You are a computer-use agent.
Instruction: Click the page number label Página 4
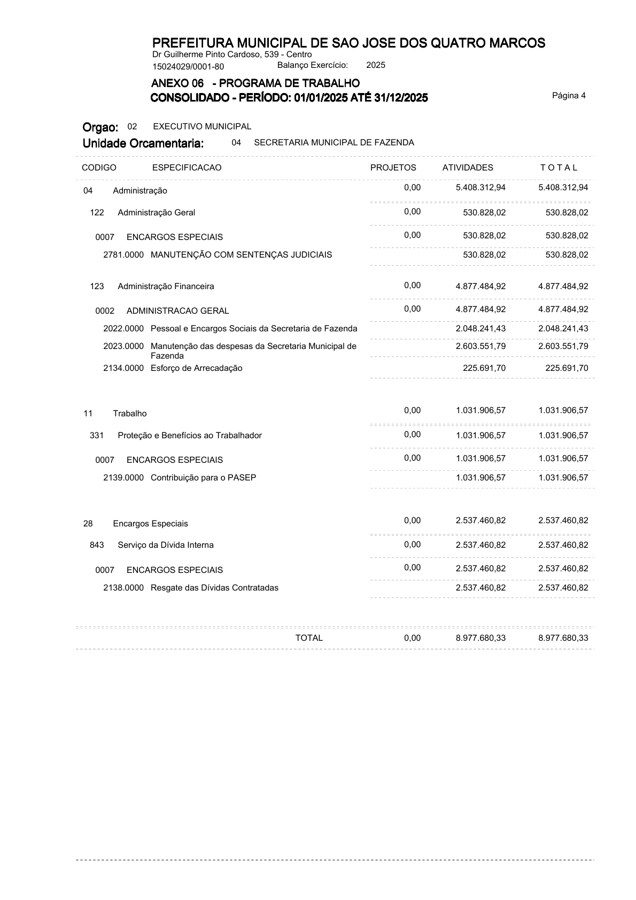[x=569, y=96]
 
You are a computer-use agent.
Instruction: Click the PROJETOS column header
[x=393, y=167]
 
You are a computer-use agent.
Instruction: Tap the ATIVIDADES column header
[x=468, y=167]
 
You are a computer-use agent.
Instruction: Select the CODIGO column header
[x=99, y=167]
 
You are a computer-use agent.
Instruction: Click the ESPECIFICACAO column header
[x=187, y=167]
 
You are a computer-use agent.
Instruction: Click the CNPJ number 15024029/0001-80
[x=188, y=67]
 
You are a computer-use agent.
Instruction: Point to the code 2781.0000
[x=123, y=255]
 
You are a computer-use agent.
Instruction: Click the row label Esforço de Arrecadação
[x=196, y=368]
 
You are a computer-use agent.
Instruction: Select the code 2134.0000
[x=123, y=368]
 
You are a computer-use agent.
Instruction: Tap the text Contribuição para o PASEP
[x=203, y=478]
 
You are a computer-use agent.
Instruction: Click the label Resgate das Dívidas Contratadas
[x=214, y=588]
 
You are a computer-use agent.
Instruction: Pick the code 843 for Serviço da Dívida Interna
[x=97, y=545]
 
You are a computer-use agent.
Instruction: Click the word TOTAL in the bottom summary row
[x=309, y=638]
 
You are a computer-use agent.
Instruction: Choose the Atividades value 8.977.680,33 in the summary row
[x=480, y=638]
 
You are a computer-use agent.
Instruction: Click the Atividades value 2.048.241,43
[x=480, y=329]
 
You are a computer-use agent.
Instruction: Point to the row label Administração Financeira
[x=166, y=286]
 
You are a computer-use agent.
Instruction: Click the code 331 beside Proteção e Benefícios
[x=97, y=436]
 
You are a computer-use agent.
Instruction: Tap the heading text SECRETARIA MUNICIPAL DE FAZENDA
[x=334, y=143]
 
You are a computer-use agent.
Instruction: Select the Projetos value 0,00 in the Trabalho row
[x=412, y=410]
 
